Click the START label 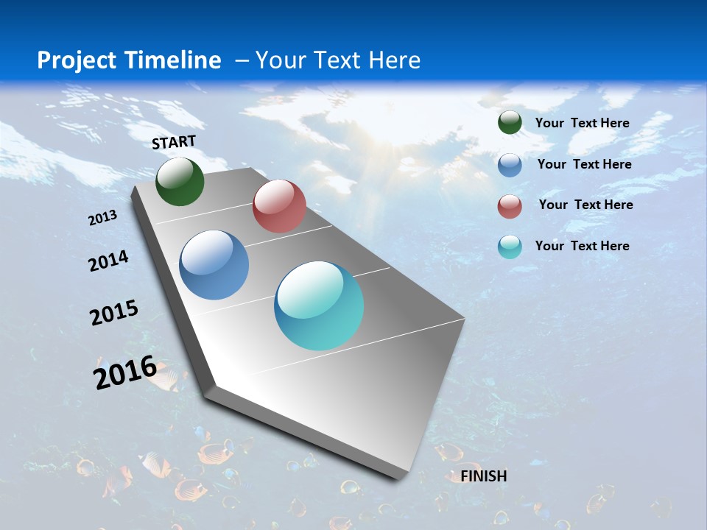pyautogui.click(x=174, y=142)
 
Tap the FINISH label pyautogui.click(x=484, y=476)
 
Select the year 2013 pyautogui.click(x=103, y=218)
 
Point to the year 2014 pyautogui.click(x=108, y=261)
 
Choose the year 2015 pyautogui.click(x=114, y=313)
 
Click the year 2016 pyautogui.click(x=124, y=372)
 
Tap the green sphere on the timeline pyautogui.click(x=180, y=182)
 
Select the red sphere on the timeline pyautogui.click(x=279, y=206)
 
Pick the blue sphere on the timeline pyautogui.click(x=214, y=265)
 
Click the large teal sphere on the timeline pyautogui.click(x=319, y=305)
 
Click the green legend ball pyautogui.click(x=510, y=123)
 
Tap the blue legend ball pyautogui.click(x=510, y=165)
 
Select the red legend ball pyautogui.click(x=510, y=206)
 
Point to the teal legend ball pyautogui.click(x=510, y=247)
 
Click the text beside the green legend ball pyautogui.click(x=582, y=123)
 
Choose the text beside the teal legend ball pyautogui.click(x=582, y=246)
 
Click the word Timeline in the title pyautogui.click(x=177, y=60)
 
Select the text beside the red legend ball pyautogui.click(x=585, y=205)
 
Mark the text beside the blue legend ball pyautogui.click(x=584, y=164)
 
